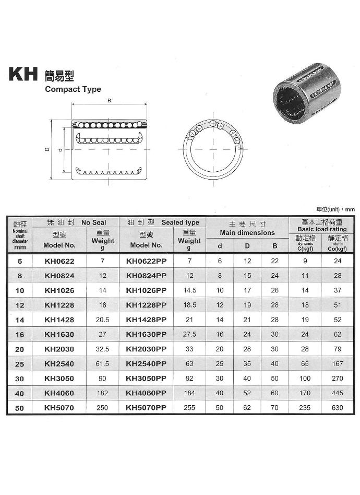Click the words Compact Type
click(x=73, y=89)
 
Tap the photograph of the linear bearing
click(x=307, y=94)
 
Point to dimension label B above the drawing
click(x=109, y=101)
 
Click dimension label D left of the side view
click(x=47, y=149)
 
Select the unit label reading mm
click(x=350, y=209)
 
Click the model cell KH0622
click(x=59, y=261)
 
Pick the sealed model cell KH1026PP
click(x=146, y=290)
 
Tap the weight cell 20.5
click(x=103, y=320)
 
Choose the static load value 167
click(x=337, y=363)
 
